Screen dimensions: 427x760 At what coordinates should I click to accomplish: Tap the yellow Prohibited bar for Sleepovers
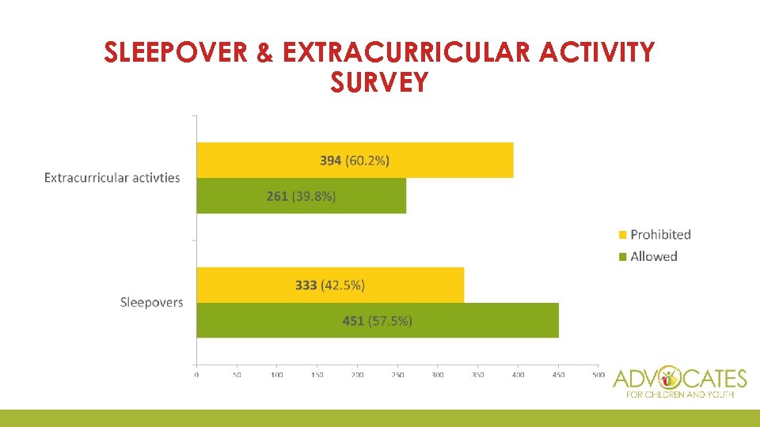[412, 285]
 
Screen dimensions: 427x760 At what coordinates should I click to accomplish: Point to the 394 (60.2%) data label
[355, 161]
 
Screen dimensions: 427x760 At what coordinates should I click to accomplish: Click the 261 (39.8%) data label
[301, 196]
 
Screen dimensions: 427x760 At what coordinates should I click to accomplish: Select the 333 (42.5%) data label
[330, 285]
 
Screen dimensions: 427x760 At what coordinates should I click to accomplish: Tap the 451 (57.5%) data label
[377, 320]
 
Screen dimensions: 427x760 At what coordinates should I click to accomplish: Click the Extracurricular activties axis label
[112, 178]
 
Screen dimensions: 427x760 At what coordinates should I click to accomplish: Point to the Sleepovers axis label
[151, 302]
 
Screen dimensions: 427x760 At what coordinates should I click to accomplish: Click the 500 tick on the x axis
[598, 375]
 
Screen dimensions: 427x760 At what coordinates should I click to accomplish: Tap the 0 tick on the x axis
[196, 375]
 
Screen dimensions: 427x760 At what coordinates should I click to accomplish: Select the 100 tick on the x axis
[276, 375]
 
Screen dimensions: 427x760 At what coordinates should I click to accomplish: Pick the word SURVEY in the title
[380, 81]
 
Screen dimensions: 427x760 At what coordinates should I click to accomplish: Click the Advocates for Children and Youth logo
[679, 382]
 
